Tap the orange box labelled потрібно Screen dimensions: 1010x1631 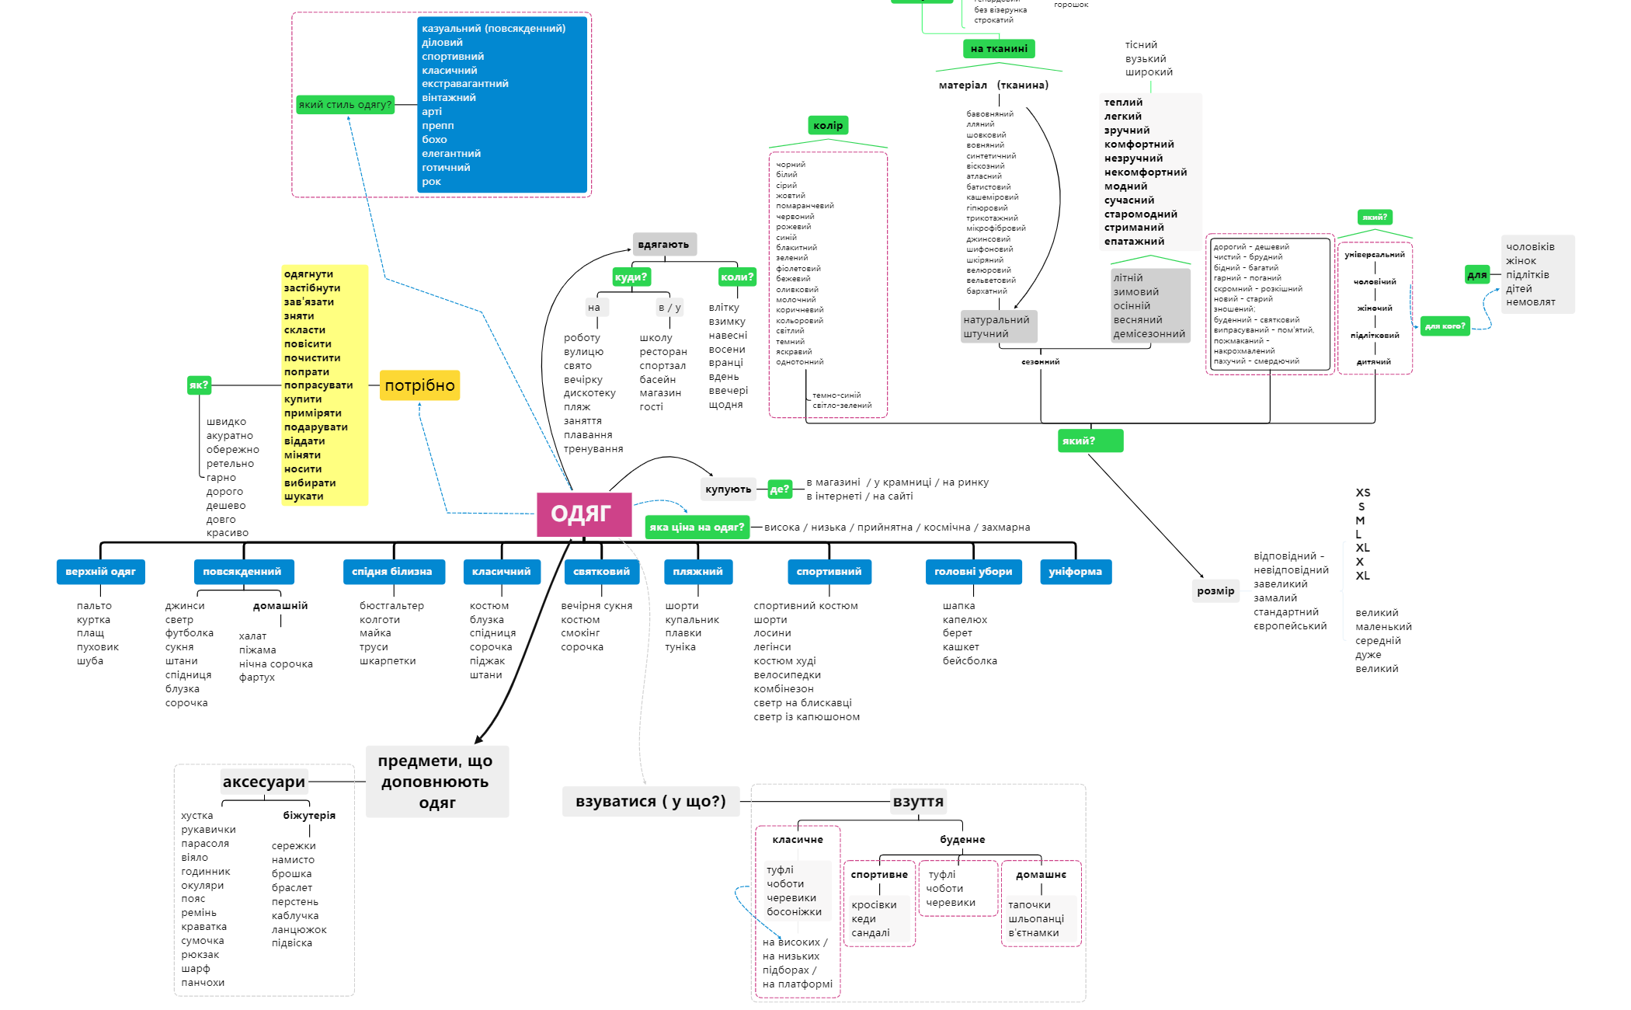click(x=419, y=385)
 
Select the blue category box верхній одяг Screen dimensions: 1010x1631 click(x=100, y=572)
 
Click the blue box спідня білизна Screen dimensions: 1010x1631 click(x=391, y=572)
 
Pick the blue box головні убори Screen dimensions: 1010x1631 click(x=973, y=572)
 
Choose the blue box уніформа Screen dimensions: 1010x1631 click(x=1075, y=572)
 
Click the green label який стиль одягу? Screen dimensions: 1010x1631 click(x=345, y=105)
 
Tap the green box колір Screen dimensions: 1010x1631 click(x=828, y=126)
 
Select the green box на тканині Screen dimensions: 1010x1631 click(x=998, y=49)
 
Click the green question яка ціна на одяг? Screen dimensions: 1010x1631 click(x=697, y=528)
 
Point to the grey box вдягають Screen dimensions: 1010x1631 click(x=663, y=245)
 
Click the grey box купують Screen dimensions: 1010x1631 click(x=728, y=489)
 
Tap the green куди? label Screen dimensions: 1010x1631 click(x=631, y=277)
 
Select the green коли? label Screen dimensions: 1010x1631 click(x=737, y=277)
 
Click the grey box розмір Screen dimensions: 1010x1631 click(x=1215, y=591)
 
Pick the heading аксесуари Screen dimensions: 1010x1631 click(x=264, y=782)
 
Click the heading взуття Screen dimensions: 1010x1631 click(x=918, y=802)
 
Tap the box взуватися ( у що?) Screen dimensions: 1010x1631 click(x=651, y=802)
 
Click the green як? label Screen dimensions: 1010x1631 click(x=199, y=385)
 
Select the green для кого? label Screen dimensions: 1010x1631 click(x=1445, y=326)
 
